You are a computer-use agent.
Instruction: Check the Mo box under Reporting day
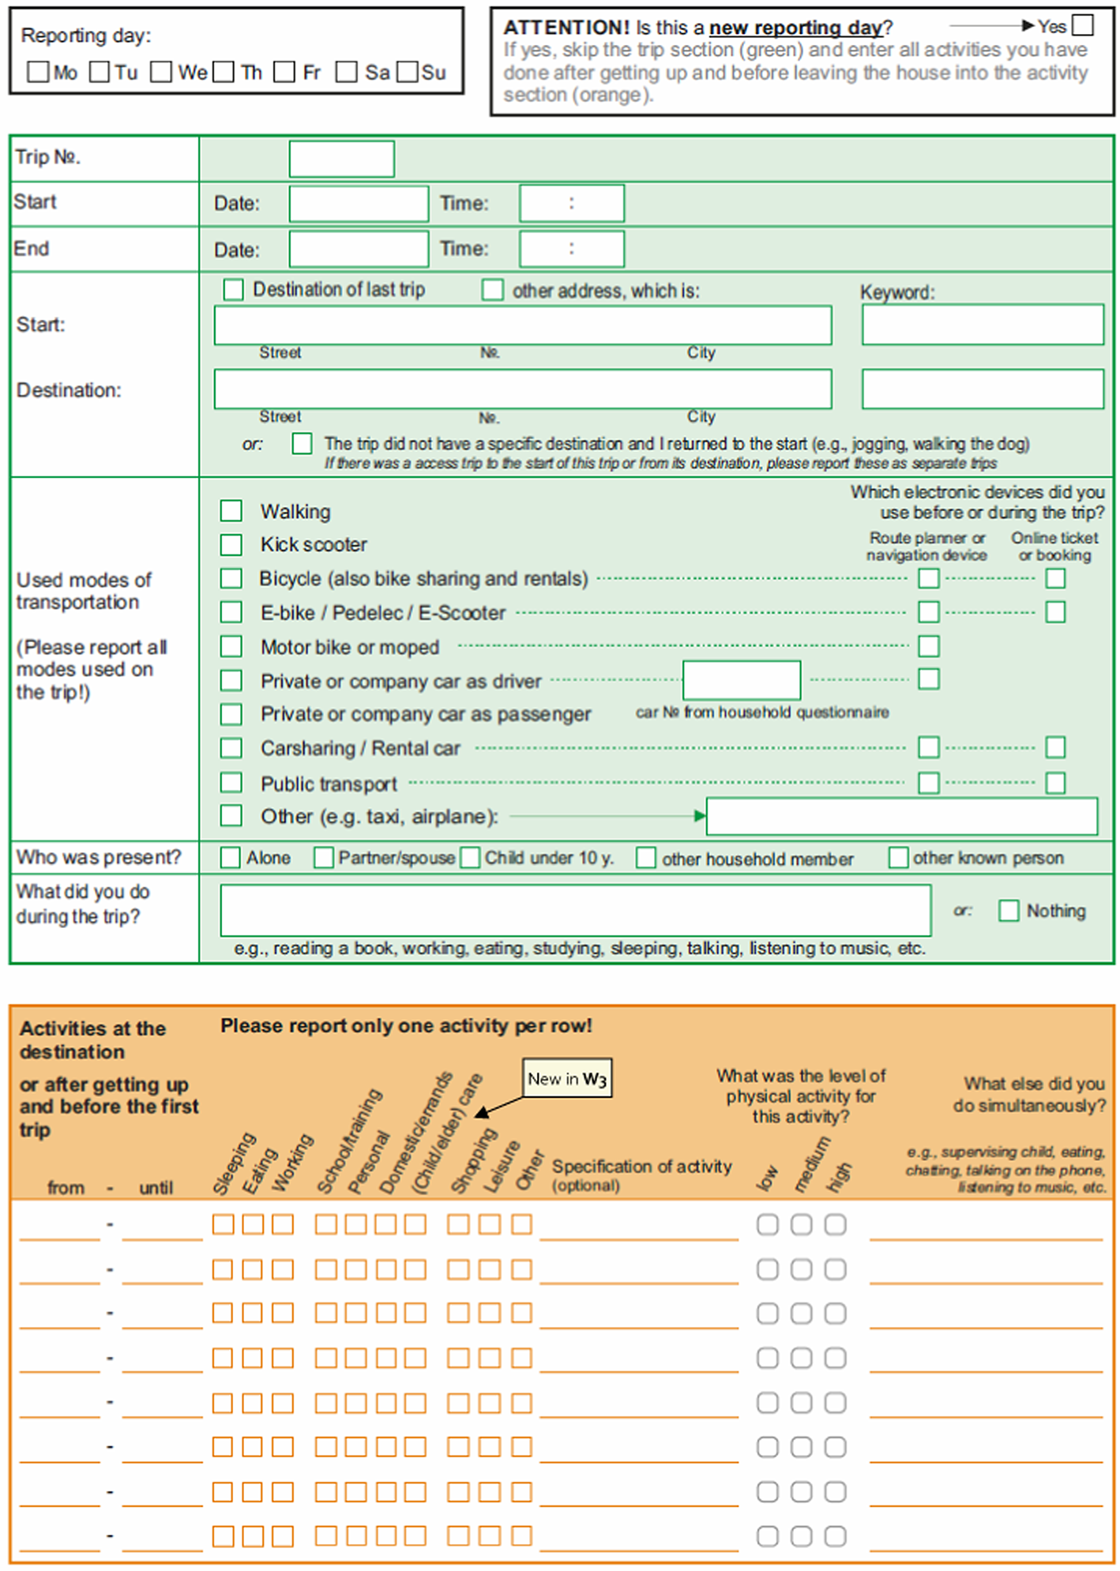coord(38,72)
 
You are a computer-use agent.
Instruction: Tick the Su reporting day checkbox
coord(408,72)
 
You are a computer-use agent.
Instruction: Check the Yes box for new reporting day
coord(1083,25)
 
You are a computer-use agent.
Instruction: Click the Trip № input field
coord(341,159)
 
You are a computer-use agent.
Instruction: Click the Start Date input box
coord(359,204)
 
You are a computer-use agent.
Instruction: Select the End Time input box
coord(571,249)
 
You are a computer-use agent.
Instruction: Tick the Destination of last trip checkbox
coord(233,290)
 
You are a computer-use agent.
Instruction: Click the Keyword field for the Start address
coord(982,325)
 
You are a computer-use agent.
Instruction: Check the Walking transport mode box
coord(231,510)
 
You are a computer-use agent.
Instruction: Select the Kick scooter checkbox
coord(231,544)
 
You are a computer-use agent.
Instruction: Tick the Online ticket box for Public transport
coord(1055,783)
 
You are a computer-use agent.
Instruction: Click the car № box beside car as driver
coord(741,680)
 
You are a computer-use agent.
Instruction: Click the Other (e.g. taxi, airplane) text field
coord(901,816)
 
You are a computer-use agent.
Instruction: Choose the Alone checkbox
coord(230,858)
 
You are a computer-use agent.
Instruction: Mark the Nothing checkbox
coord(1009,911)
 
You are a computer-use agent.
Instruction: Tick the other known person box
coord(898,858)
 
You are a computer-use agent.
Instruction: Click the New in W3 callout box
coord(567,1079)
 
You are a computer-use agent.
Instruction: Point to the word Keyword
coord(897,292)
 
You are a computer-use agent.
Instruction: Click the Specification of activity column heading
coord(641,1167)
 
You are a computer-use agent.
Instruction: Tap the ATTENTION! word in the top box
coord(566,28)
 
